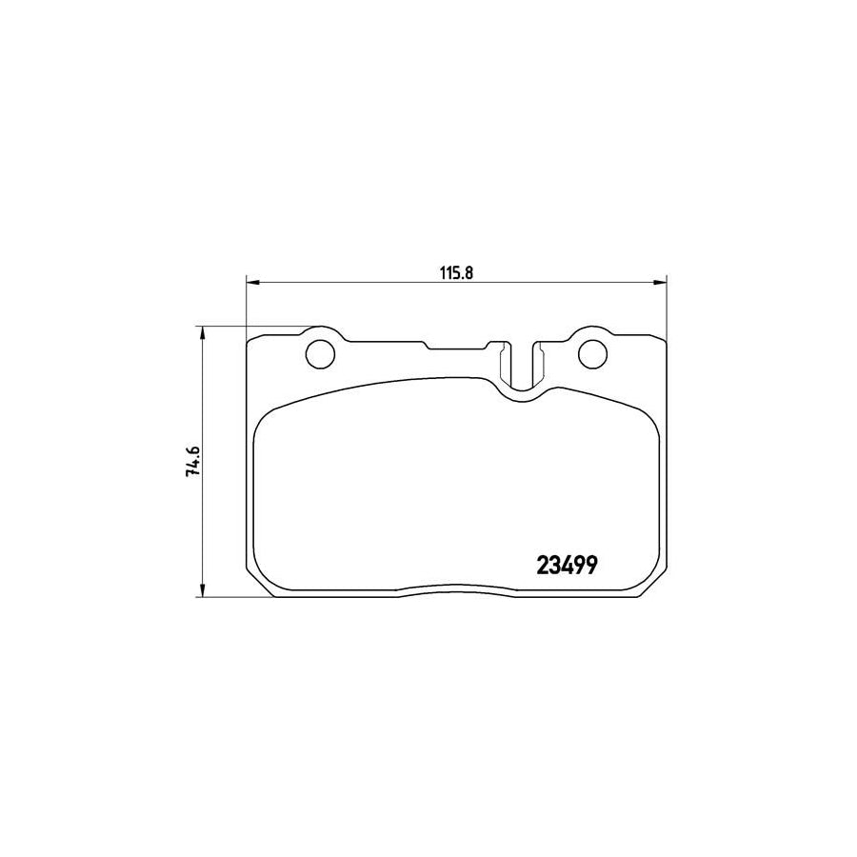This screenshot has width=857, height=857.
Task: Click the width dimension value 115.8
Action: tap(456, 270)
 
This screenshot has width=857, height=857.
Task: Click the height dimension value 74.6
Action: tap(193, 463)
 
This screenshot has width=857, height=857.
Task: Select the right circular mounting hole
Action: tap(592, 352)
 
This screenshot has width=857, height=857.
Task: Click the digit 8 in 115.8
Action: tap(469, 270)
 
